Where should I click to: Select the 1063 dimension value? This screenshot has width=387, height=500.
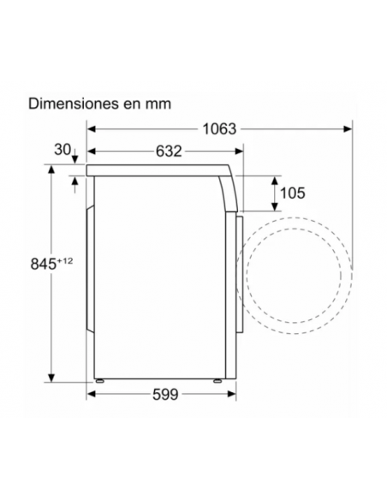(x=221, y=129)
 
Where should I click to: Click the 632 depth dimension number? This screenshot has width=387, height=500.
(x=168, y=152)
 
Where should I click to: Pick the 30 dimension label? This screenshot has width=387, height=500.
(x=63, y=150)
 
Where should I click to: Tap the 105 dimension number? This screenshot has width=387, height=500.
(x=292, y=193)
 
